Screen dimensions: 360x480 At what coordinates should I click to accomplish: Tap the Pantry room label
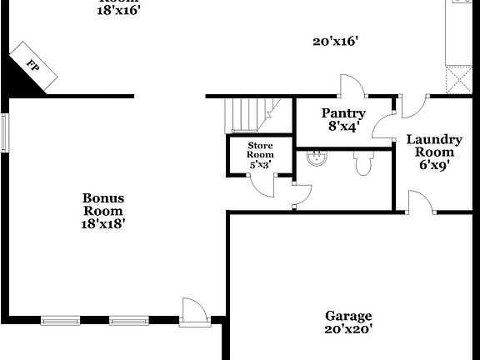click(x=343, y=113)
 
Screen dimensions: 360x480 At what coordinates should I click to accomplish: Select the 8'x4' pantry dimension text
click(x=343, y=127)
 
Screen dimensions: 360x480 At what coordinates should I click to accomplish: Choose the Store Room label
click(x=260, y=151)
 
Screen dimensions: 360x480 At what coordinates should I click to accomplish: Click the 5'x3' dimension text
click(x=260, y=165)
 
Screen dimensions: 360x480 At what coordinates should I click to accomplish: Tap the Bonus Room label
click(x=103, y=204)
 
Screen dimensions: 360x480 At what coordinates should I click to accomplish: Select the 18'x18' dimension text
click(x=103, y=223)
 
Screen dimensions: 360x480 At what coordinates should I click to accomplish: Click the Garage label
click(x=348, y=316)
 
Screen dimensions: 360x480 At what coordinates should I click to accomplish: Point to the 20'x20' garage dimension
click(x=348, y=329)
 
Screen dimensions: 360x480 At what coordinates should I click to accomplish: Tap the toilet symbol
click(x=362, y=162)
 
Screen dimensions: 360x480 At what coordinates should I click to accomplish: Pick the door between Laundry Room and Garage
click(x=420, y=202)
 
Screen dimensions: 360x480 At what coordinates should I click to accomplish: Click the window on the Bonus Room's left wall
click(x=4, y=132)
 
